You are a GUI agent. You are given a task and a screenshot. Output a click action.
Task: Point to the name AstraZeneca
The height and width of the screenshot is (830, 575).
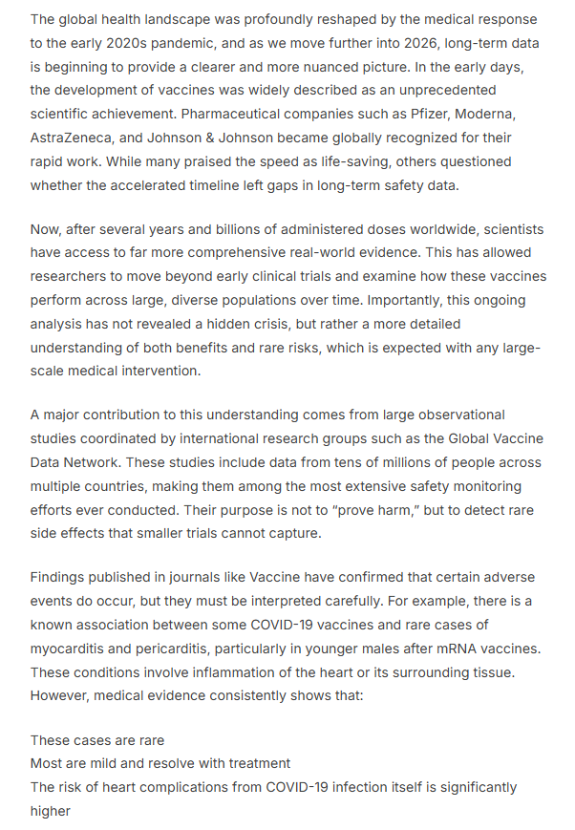pos(71,138)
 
